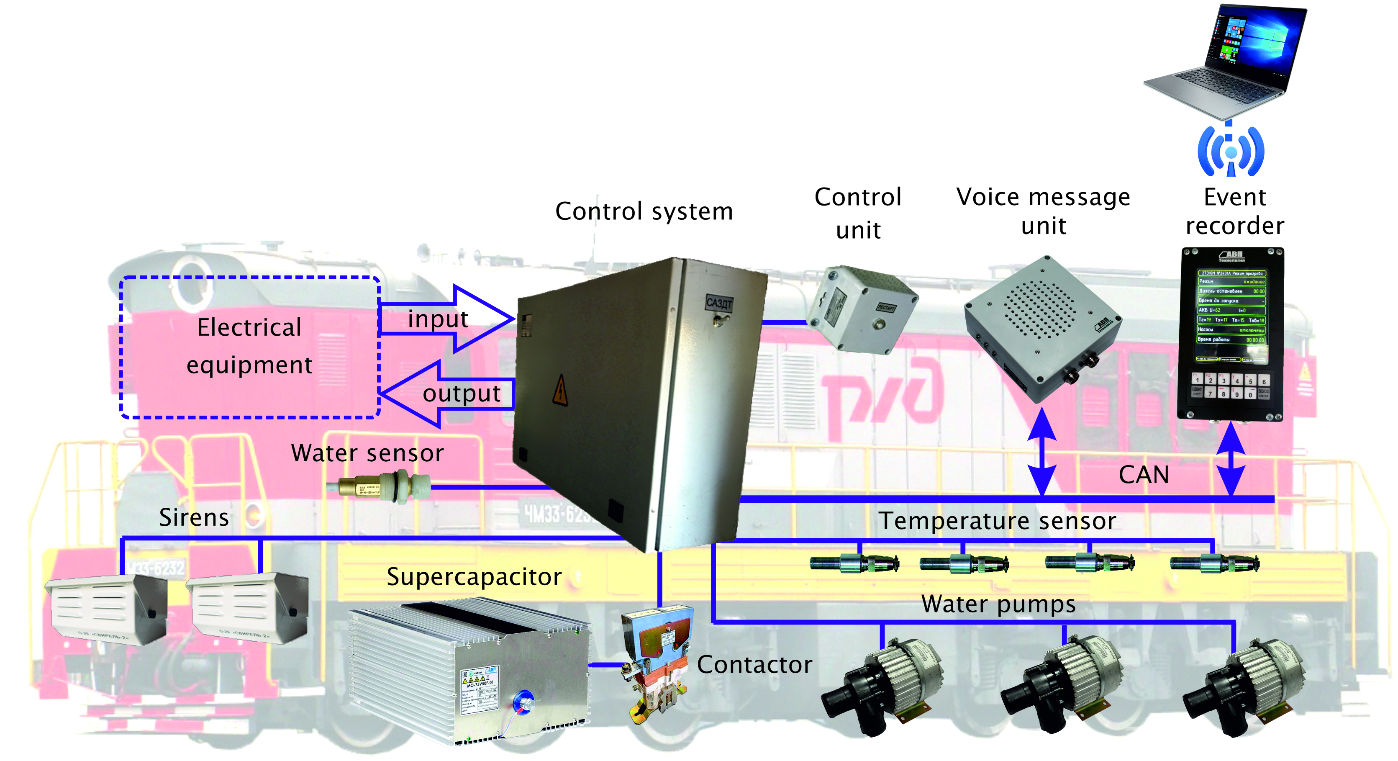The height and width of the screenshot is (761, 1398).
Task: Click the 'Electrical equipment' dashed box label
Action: click(249, 346)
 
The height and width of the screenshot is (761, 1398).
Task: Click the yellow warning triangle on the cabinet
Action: click(560, 390)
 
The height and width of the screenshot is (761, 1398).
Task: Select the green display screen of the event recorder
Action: click(1231, 315)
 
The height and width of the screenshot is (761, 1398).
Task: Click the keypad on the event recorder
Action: click(1230, 386)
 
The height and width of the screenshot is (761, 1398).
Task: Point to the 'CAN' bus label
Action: click(1144, 475)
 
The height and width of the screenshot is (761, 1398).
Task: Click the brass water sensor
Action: click(380, 486)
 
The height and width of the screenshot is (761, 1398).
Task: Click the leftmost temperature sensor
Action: click(853, 563)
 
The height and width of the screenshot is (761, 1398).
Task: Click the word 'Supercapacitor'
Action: click(474, 576)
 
